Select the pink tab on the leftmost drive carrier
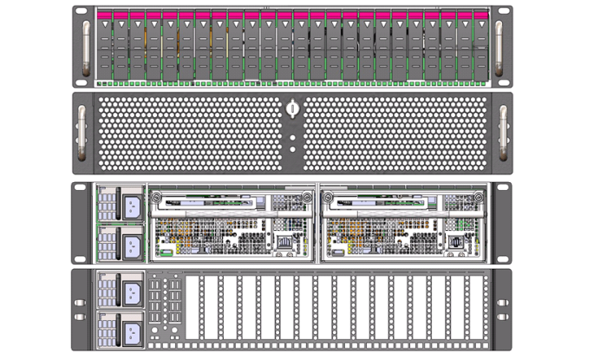104,16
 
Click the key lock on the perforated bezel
293,109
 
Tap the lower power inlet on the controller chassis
131,242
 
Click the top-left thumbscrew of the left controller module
156,197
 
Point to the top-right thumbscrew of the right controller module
475,197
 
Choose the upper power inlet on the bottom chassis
131,290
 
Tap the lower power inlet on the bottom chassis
131,329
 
